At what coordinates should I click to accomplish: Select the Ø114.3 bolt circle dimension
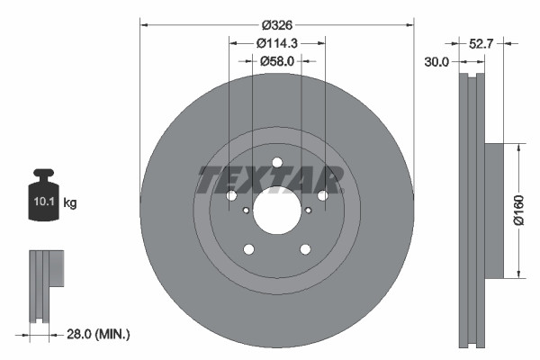277,41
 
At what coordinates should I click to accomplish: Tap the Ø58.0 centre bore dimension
277,60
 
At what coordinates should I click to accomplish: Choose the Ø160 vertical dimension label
530,210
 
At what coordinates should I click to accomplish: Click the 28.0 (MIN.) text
100,334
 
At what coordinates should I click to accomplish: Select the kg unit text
70,202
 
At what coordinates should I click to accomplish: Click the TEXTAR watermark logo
270,180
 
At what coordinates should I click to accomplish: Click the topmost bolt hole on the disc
276,163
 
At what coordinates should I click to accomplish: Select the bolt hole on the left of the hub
231,196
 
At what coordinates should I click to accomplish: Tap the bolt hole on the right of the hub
322,195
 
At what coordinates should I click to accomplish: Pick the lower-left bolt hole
249,249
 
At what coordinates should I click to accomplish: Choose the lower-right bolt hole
304,249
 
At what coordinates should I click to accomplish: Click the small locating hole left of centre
246,211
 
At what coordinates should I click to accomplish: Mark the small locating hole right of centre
308,211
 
